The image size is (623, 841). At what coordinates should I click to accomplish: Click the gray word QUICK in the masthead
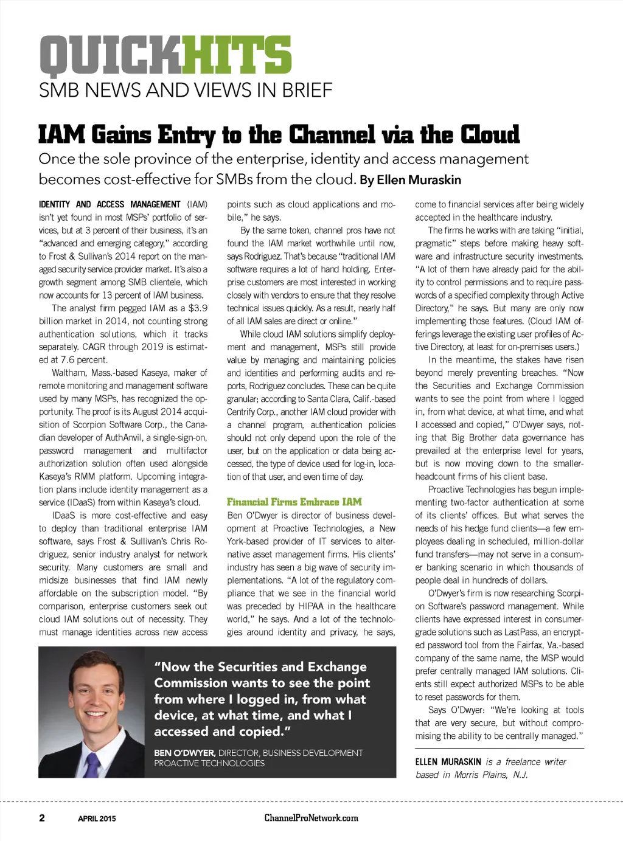pyautogui.click(x=111, y=56)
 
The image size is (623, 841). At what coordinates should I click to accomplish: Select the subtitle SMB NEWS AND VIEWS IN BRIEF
pyautogui.click(x=186, y=90)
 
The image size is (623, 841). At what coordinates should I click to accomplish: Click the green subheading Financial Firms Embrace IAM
pyautogui.click(x=294, y=502)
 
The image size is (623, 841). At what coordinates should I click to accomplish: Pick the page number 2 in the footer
pyautogui.click(x=42, y=818)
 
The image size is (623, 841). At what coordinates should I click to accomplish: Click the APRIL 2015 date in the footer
pyautogui.click(x=97, y=819)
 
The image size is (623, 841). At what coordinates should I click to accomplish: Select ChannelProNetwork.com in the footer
pyautogui.click(x=311, y=818)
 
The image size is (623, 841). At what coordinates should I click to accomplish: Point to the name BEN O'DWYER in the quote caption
pyautogui.click(x=184, y=753)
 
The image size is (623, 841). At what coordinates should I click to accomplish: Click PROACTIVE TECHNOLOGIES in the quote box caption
pyautogui.click(x=209, y=763)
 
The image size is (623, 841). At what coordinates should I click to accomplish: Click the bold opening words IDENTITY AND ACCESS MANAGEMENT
pyautogui.click(x=110, y=204)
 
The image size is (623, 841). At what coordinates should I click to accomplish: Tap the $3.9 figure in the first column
pyautogui.click(x=198, y=308)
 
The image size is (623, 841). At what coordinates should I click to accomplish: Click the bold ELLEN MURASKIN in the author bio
pyautogui.click(x=448, y=761)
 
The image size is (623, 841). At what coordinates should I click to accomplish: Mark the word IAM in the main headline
pyautogui.click(x=61, y=134)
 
